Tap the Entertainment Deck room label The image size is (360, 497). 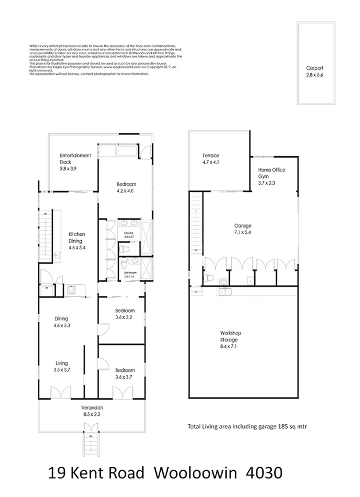point(76,156)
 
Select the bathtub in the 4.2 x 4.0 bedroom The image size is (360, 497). point(118,152)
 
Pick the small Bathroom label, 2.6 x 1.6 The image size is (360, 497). point(130,273)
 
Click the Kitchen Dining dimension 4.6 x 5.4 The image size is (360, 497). point(77,248)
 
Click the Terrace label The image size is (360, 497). point(211,156)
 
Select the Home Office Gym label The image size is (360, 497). point(271,173)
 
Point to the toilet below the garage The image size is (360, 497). point(211,279)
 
